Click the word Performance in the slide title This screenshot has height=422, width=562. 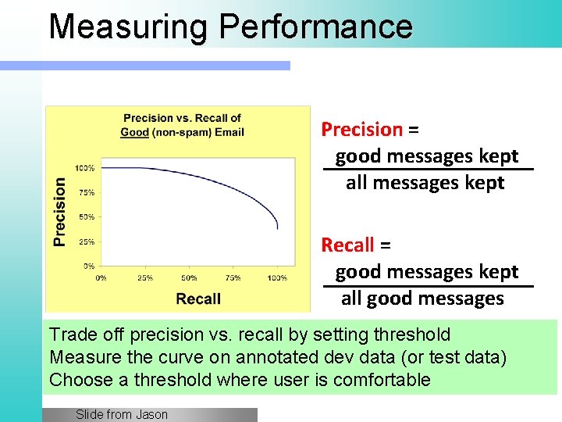coord(315,27)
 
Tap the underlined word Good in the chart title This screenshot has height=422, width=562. coord(134,132)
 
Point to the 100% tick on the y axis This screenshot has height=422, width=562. coord(85,168)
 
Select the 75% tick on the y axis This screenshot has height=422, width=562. coord(87,192)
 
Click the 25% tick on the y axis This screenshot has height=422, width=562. coord(87,241)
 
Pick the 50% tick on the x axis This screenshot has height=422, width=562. coord(189,277)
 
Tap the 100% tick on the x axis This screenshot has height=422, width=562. coord(276,277)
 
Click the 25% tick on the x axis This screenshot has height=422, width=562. coord(145,277)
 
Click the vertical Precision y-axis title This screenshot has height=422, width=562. coord(60,212)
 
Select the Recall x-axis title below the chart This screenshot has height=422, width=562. coord(198,299)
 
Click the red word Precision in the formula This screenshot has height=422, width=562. coord(361,129)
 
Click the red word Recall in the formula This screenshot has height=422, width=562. coord(348,245)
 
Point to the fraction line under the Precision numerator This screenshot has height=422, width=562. coord(428,169)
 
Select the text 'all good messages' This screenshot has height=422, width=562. coord(422,299)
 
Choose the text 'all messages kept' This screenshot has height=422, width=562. coord(425,183)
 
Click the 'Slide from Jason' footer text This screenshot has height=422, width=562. coord(122,414)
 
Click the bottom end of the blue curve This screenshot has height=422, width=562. coord(278,229)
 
